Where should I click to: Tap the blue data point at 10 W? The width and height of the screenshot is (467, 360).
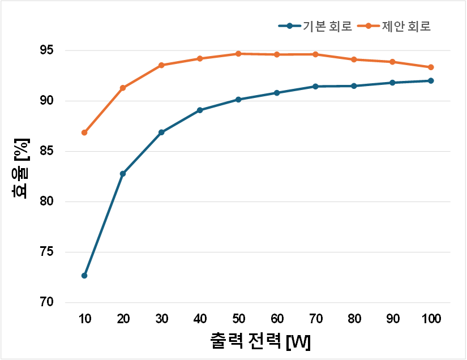click(84, 276)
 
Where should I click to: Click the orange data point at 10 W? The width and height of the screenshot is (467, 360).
click(84, 132)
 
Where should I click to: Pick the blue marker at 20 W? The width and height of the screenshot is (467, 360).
click(123, 174)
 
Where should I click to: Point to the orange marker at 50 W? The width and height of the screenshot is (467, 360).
click(238, 54)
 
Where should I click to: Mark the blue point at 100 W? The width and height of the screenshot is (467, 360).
click(431, 80)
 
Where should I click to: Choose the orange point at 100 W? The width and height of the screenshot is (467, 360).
click(431, 67)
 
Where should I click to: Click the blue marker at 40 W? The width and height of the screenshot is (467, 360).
click(200, 110)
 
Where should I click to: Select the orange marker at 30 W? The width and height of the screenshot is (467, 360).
click(161, 65)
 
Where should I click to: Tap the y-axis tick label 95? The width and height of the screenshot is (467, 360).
click(48, 50)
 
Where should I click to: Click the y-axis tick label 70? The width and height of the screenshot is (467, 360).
click(48, 302)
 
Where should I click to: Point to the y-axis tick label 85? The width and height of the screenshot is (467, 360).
click(48, 151)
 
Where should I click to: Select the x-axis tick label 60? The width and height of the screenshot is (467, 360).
click(277, 319)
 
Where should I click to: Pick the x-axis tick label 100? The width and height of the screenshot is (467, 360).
click(431, 319)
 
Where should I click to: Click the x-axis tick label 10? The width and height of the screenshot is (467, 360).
click(84, 319)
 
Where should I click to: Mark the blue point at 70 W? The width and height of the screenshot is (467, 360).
click(315, 87)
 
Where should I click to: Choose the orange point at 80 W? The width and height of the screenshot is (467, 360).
click(354, 59)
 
